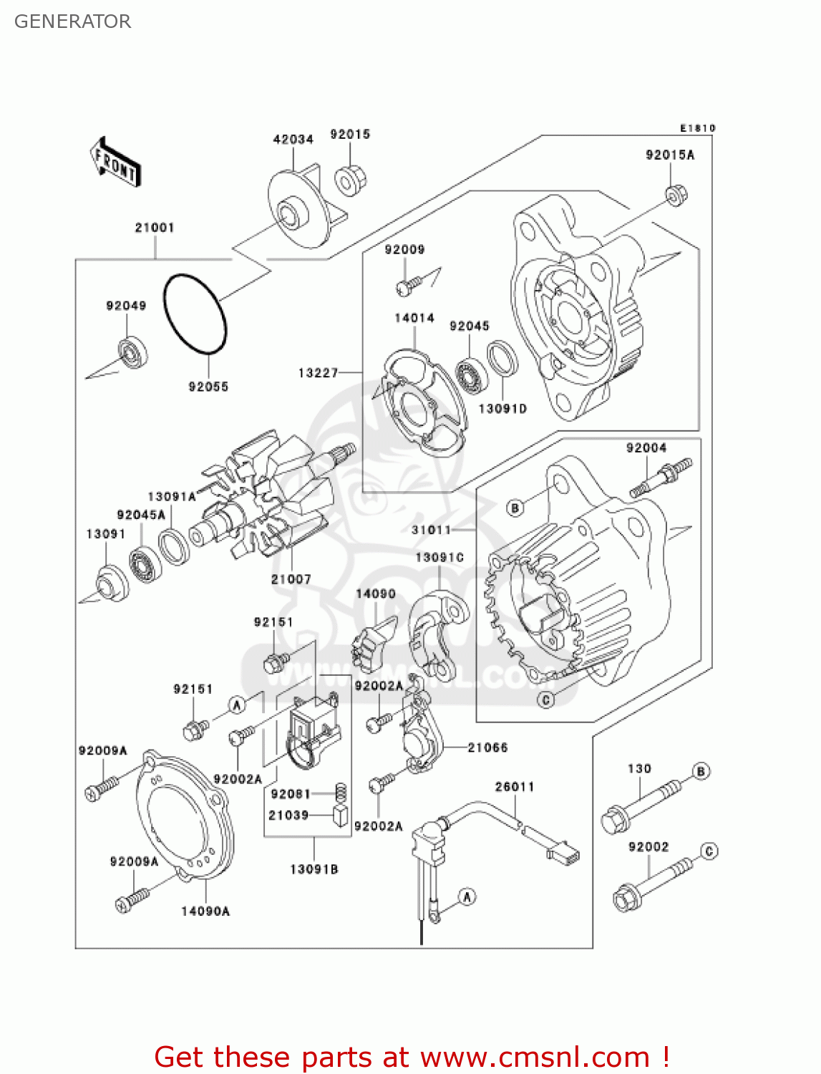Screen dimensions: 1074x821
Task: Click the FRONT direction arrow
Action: click(x=115, y=163)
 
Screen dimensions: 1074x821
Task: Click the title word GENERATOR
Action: click(x=72, y=21)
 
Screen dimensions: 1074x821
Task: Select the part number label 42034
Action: click(x=293, y=139)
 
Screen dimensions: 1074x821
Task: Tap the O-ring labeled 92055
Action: click(x=195, y=314)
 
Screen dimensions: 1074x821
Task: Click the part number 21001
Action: click(x=155, y=228)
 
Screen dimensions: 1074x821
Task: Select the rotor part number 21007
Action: click(x=291, y=579)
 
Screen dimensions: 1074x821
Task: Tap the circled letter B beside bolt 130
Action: click(x=701, y=771)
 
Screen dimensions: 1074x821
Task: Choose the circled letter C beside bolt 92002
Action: click(x=709, y=851)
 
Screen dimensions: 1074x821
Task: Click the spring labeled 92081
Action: click(x=341, y=792)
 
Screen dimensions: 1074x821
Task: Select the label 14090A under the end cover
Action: click(x=205, y=911)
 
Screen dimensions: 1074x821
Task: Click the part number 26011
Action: click(x=515, y=786)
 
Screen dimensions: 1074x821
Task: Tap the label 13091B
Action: click(x=314, y=869)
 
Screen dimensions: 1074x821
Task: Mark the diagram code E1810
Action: click(x=697, y=128)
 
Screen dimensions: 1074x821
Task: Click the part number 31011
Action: click(x=431, y=530)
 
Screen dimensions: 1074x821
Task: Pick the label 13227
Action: click(x=318, y=372)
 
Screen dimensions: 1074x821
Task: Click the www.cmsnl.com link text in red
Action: click(x=535, y=1057)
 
